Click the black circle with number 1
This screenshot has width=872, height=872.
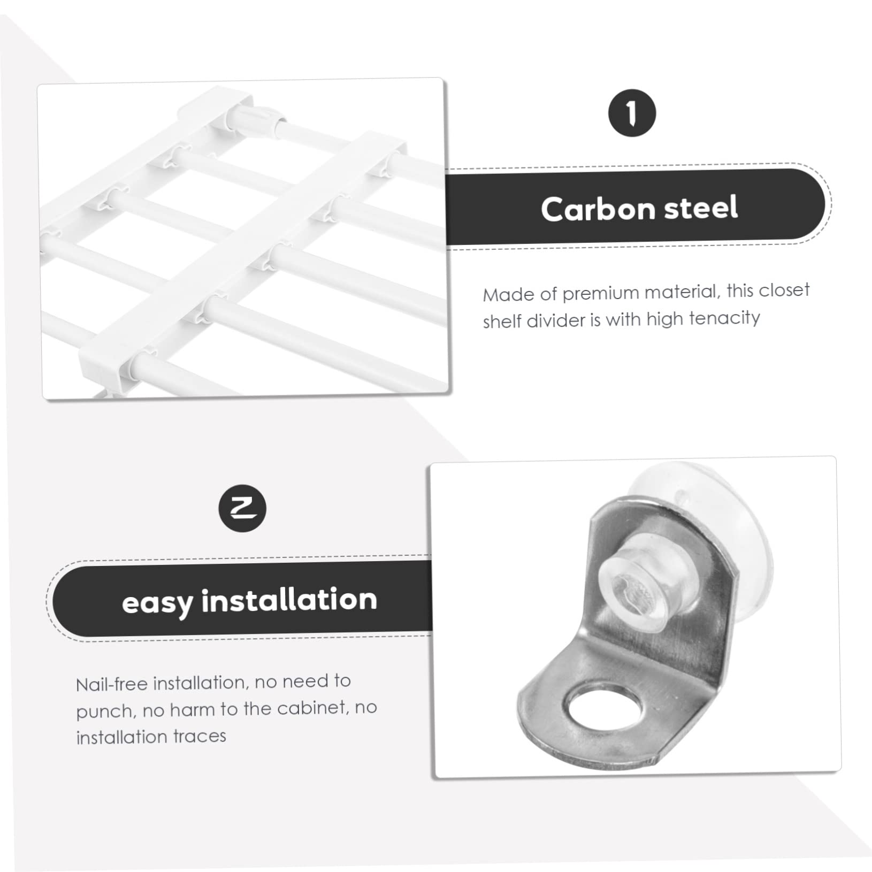point(632,113)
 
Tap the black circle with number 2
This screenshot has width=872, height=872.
point(242,508)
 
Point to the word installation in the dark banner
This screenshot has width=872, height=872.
point(289,600)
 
